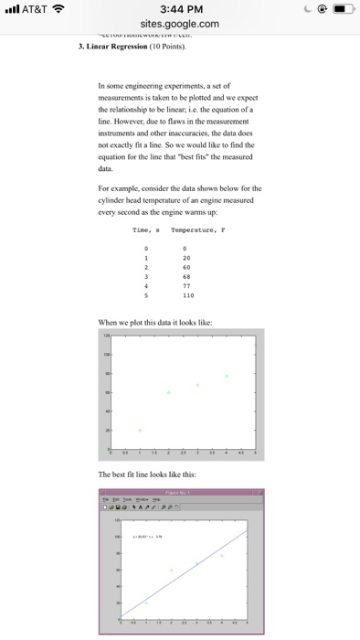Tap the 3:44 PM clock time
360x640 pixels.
[x=180, y=12]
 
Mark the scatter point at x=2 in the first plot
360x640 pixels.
[x=168, y=391]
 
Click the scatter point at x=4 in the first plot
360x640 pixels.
[x=227, y=375]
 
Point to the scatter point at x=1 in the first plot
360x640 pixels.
[x=139, y=429]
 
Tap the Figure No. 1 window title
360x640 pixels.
[x=181, y=492]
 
